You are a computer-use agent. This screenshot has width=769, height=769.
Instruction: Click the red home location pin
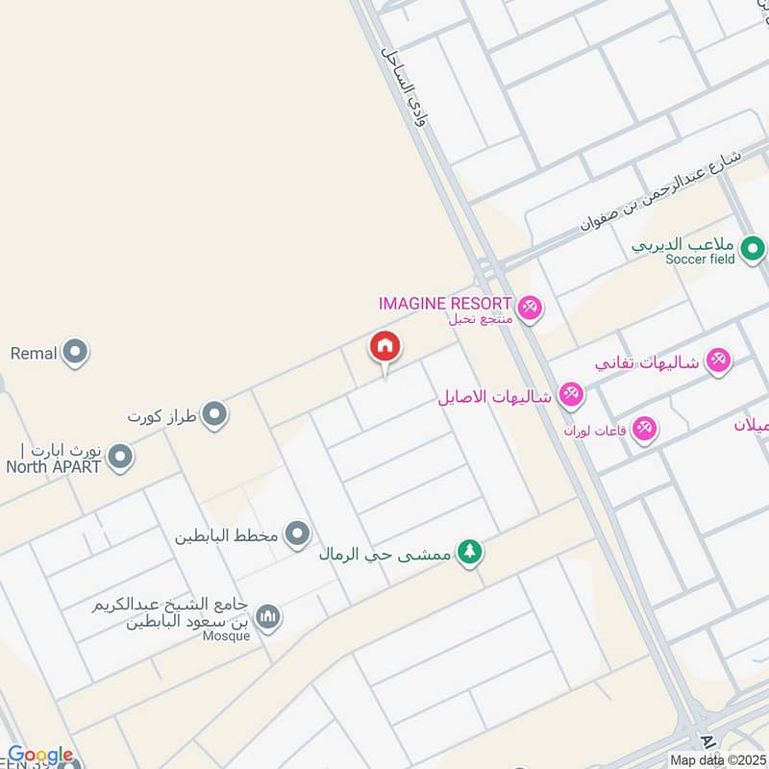pyautogui.click(x=385, y=347)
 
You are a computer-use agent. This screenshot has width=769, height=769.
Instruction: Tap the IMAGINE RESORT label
pyautogui.click(x=444, y=303)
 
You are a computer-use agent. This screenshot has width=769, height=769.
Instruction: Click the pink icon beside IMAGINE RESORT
pyautogui.click(x=529, y=309)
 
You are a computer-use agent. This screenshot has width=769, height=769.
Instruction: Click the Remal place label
pyautogui.click(x=35, y=353)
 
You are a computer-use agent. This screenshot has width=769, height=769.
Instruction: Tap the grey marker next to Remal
pyautogui.click(x=75, y=353)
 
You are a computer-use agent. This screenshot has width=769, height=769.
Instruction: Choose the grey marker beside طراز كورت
pyautogui.click(x=214, y=415)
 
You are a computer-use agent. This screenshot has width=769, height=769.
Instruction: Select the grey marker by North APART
pyautogui.click(x=119, y=458)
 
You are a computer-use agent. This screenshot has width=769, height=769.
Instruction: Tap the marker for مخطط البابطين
pyautogui.click(x=298, y=533)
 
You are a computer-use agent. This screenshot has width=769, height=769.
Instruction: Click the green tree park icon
pyautogui.click(x=470, y=553)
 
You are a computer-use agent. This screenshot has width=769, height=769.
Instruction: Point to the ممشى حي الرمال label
pyautogui.click(x=389, y=554)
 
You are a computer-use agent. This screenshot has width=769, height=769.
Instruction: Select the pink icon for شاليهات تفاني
pyautogui.click(x=717, y=361)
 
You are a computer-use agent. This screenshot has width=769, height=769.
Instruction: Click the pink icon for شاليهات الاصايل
pyautogui.click(x=571, y=394)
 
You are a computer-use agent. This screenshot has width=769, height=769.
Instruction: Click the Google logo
pyautogui.click(x=40, y=755)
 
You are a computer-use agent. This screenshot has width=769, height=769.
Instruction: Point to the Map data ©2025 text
pyautogui.click(x=716, y=760)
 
